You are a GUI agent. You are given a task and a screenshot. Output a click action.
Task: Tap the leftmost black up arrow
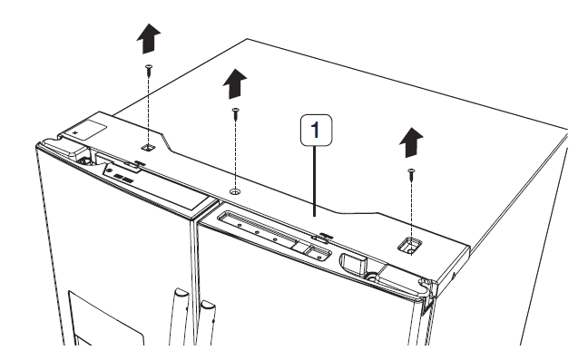coord(148,39)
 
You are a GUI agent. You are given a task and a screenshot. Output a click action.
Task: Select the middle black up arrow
coord(235,83)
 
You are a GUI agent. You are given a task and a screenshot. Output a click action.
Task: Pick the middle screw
coord(235,112)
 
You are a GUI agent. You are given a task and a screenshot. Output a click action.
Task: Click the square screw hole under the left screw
coord(149,144)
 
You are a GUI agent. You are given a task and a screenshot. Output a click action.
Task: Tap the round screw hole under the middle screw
coord(235,191)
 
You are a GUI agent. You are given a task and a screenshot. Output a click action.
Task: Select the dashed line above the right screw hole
coord(409,209)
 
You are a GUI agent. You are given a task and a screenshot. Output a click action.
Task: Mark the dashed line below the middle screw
coord(235,154)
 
